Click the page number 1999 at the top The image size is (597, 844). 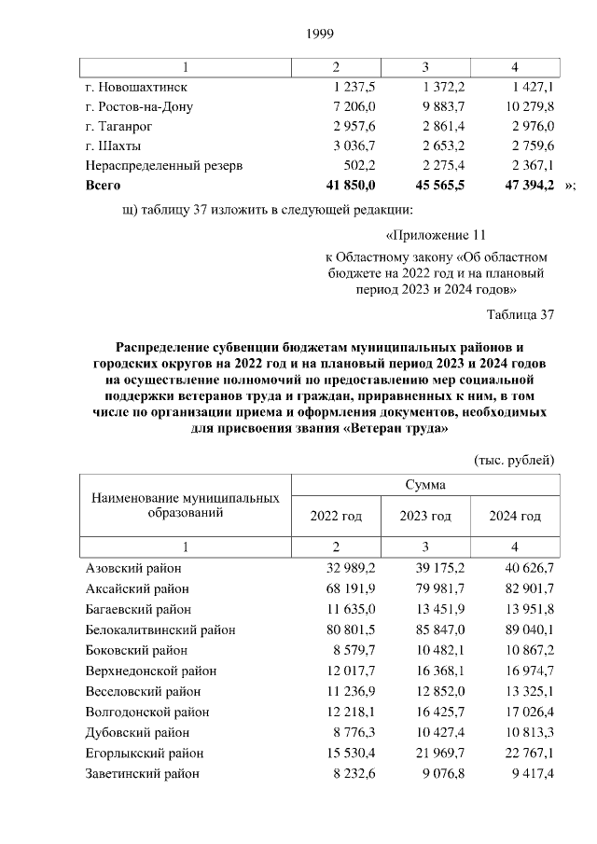click(x=320, y=35)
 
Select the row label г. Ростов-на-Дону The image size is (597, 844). click(x=139, y=106)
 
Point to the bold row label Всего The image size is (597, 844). click(x=104, y=186)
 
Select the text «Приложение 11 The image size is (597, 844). click(x=436, y=235)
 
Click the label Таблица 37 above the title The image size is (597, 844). click(x=521, y=313)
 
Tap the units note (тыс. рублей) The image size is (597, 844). click(x=515, y=460)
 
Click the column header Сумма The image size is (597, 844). click(x=424, y=485)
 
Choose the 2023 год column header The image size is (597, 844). click(x=425, y=516)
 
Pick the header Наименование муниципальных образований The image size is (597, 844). click(x=185, y=505)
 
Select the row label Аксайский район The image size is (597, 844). click(x=137, y=588)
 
